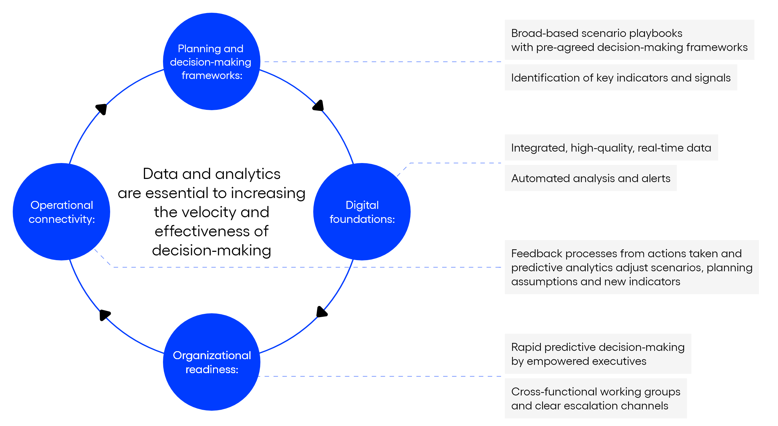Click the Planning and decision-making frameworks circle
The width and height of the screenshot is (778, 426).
click(x=211, y=61)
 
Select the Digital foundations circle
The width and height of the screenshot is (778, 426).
click(x=362, y=212)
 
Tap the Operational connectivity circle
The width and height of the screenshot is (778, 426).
click(x=61, y=212)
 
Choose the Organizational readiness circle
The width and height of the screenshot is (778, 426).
click(x=211, y=362)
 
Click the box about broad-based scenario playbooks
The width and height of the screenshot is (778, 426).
click(x=629, y=40)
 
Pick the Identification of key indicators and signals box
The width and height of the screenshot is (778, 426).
click(x=621, y=77)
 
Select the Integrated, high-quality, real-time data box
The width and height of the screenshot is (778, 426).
click(x=611, y=147)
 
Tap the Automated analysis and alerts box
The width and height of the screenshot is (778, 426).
click(x=591, y=178)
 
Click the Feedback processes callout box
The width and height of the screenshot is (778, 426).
click(x=632, y=267)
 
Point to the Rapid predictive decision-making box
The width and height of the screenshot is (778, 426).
click(x=598, y=354)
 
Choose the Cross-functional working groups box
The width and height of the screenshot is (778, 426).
click(x=596, y=398)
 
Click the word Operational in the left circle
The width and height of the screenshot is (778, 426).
click(x=62, y=205)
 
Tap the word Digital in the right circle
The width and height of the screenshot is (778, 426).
click(x=362, y=205)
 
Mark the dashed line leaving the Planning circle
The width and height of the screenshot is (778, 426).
click(x=382, y=62)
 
